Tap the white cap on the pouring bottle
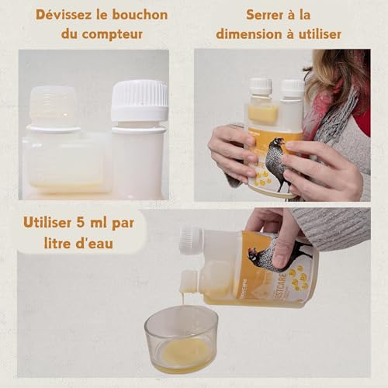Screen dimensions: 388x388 click(190, 240)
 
